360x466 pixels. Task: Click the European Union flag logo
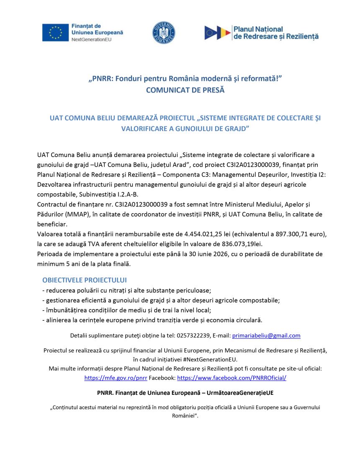(55, 33)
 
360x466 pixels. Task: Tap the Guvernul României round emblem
(164, 33)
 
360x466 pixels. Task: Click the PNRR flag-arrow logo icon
(217, 33)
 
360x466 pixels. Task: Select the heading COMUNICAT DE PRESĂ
(185, 90)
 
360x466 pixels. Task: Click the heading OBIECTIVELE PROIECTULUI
(85, 280)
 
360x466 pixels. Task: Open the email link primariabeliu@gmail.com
(266, 335)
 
